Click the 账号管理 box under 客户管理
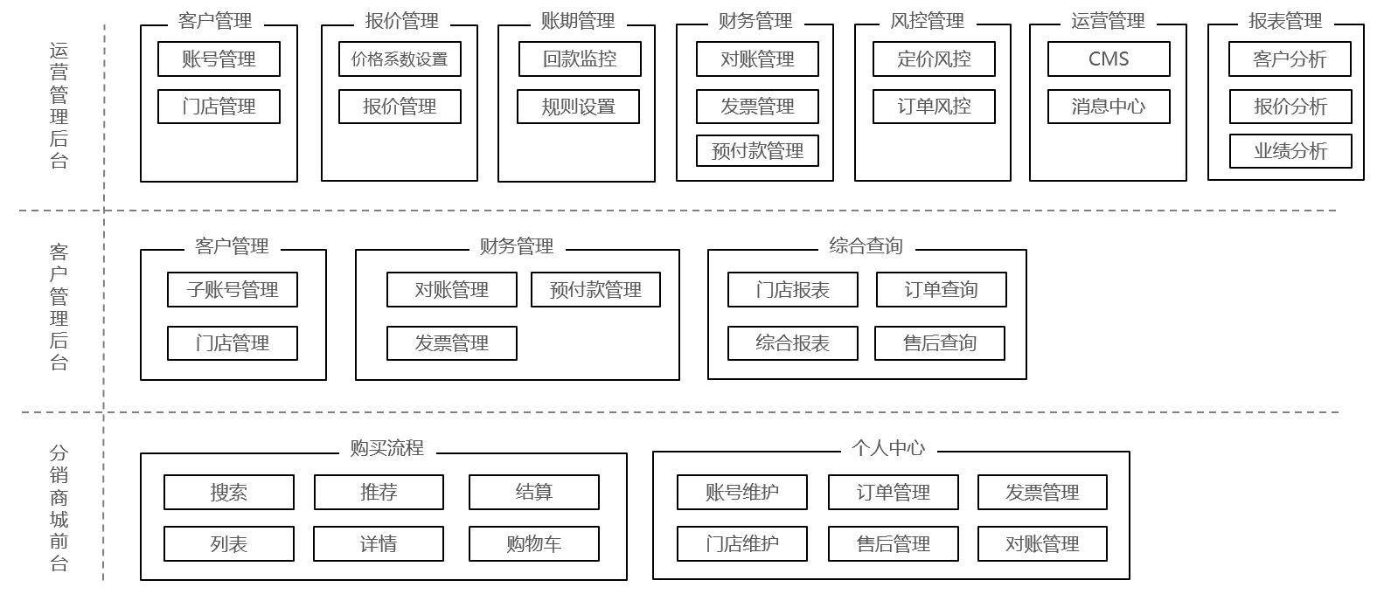click(x=219, y=59)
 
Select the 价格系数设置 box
click(x=400, y=59)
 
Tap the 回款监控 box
click(x=579, y=59)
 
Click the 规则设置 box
click(x=578, y=107)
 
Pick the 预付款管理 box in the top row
click(x=757, y=151)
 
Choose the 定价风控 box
click(x=934, y=59)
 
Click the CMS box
click(x=1109, y=59)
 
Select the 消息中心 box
click(x=1109, y=107)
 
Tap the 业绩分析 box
click(x=1290, y=151)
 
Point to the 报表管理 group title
click(x=1285, y=21)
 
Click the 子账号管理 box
click(x=233, y=290)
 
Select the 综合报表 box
click(x=792, y=343)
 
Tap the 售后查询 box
click(x=940, y=343)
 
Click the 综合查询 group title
click(x=866, y=246)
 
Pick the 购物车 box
click(x=534, y=544)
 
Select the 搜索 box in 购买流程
click(x=229, y=493)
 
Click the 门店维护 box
click(x=742, y=544)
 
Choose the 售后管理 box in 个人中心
click(x=894, y=544)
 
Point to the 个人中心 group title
click(x=888, y=448)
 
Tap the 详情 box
click(x=379, y=544)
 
